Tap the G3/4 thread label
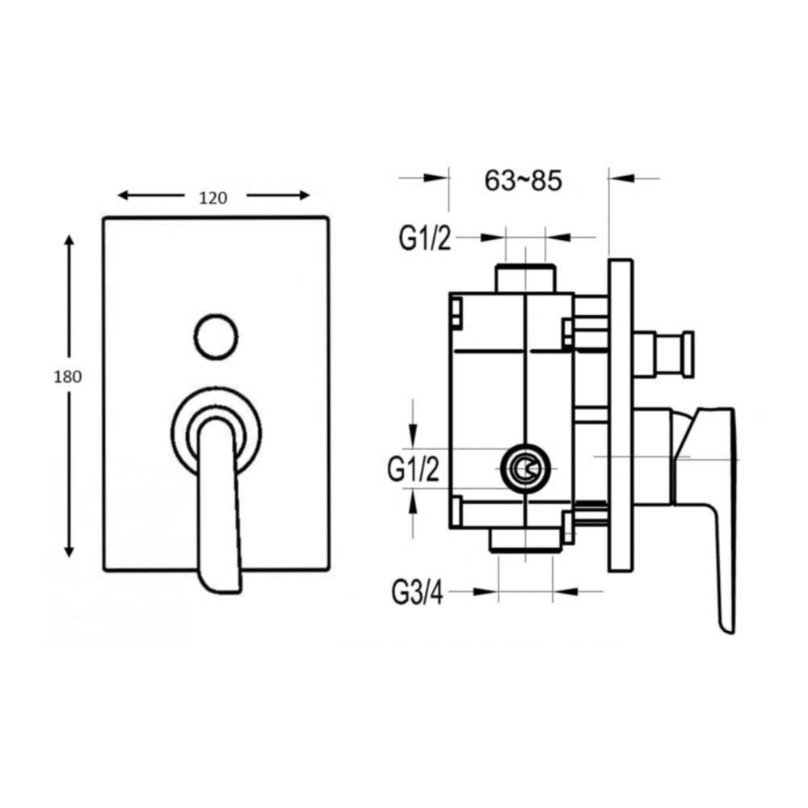tap(417, 593)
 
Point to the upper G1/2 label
tap(424, 238)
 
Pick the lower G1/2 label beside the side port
tap(414, 469)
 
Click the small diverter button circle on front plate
tap(217, 335)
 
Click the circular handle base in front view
tap(217, 427)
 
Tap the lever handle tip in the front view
tap(220, 580)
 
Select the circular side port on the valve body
tap(526, 468)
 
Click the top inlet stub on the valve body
tap(525, 276)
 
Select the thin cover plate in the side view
tap(620, 415)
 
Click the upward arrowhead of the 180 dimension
tap(69, 242)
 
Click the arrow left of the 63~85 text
tap(436, 178)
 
